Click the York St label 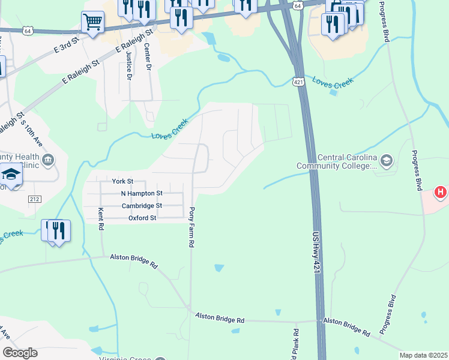coord(122,181)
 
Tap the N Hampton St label coord(142,193)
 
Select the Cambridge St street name coord(142,205)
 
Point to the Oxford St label coord(142,218)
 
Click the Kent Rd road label coord(101,219)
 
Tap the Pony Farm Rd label coord(192,227)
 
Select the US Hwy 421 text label coord(316,254)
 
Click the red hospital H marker coord(441,193)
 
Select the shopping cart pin coord(92,23)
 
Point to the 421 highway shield coord(298,81)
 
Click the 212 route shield coord(34,199)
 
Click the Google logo coord(20,353)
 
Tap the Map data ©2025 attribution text coord(423,355)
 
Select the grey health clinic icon coord(48,160)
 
